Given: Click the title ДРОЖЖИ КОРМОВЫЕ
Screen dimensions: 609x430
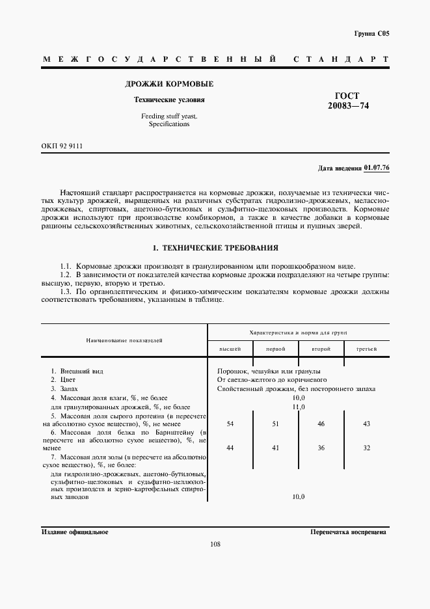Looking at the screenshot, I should coord(168,85).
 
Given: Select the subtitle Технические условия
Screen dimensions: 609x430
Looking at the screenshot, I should coord(168,100).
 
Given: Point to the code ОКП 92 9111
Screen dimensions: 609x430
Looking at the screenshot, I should coord(62,146).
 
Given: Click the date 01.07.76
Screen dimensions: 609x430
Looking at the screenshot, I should coord(376,168).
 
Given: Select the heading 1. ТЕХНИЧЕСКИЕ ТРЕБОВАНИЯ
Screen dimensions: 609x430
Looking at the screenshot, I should coord(215,248).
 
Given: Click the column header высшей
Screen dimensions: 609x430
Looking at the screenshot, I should coord(230,349).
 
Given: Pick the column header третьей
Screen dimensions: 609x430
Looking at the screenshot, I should coord(366,349).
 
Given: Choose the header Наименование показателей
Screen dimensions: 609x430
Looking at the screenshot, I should coord(123,340).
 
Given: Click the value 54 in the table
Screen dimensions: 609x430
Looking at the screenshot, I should coord(230,424).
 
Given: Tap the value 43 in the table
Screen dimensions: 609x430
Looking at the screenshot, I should coord(366,424).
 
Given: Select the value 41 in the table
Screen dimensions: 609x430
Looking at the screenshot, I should coord(275,448).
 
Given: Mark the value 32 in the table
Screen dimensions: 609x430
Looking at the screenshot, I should coord(366,448).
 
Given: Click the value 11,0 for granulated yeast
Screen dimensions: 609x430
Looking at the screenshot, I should coord(299,407).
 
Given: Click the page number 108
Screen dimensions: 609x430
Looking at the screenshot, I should coord(215,545).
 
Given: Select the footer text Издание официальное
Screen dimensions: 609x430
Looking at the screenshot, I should coord(75,532).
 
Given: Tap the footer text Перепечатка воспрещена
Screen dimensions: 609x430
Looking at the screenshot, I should coord(349,532).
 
